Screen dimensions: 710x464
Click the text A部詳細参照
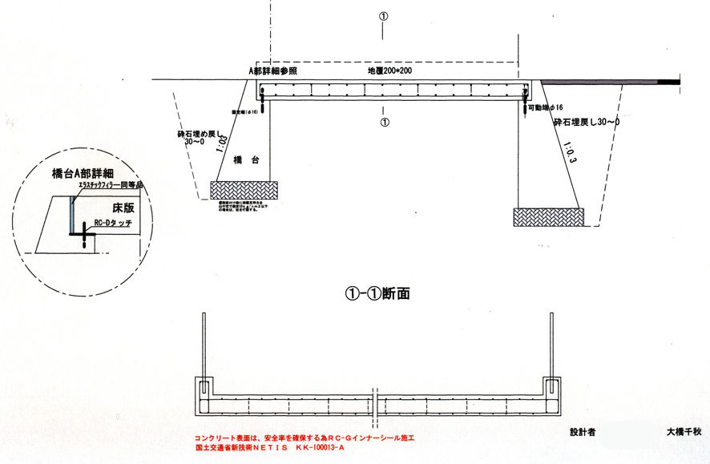[x=273, y=71]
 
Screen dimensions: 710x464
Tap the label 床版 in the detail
[x=122, y=206]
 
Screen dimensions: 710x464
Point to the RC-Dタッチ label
[x=113, y=224]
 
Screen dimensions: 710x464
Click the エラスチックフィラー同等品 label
[x=110, y=186]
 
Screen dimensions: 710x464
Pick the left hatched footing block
[x=244, y=191]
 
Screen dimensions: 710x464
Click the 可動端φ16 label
[x=546, y=107]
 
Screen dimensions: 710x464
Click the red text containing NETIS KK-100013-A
[x=269, y=448]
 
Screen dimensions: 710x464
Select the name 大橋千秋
[x=684, y=431]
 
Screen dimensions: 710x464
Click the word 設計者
[x=583, y=431]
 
